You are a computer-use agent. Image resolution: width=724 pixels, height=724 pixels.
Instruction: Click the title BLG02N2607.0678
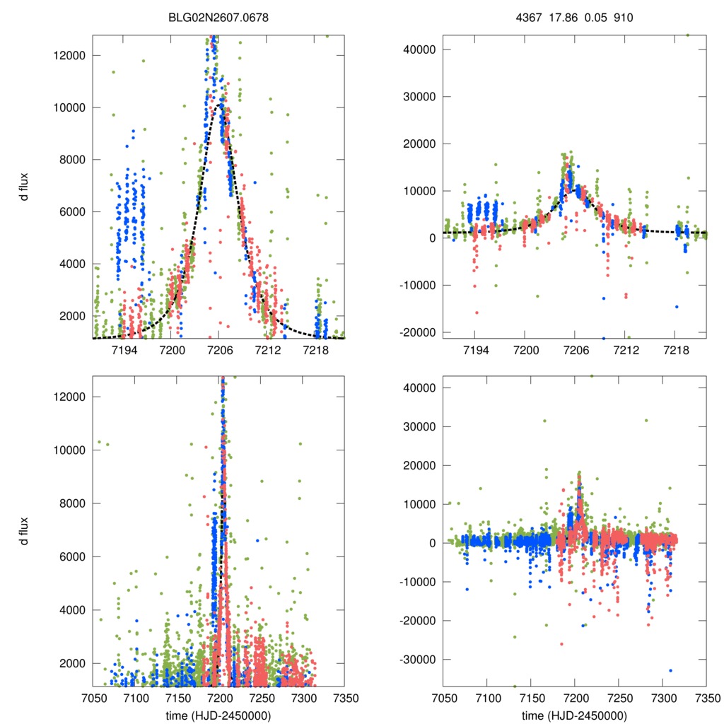point(218,16)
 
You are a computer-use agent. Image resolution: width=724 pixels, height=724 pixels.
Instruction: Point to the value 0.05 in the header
point(594,16)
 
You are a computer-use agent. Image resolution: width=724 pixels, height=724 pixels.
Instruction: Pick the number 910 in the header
point(621,16)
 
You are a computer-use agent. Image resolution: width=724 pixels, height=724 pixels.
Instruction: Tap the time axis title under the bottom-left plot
point(218,716)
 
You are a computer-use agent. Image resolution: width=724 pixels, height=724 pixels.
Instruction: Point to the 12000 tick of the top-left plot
point(69,55)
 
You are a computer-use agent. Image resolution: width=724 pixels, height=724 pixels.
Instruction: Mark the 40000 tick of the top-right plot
point(416,49)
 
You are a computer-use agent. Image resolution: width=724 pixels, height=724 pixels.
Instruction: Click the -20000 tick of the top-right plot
point(414,332)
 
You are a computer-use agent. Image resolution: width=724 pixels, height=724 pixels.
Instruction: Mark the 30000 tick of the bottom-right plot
point(416,426)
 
